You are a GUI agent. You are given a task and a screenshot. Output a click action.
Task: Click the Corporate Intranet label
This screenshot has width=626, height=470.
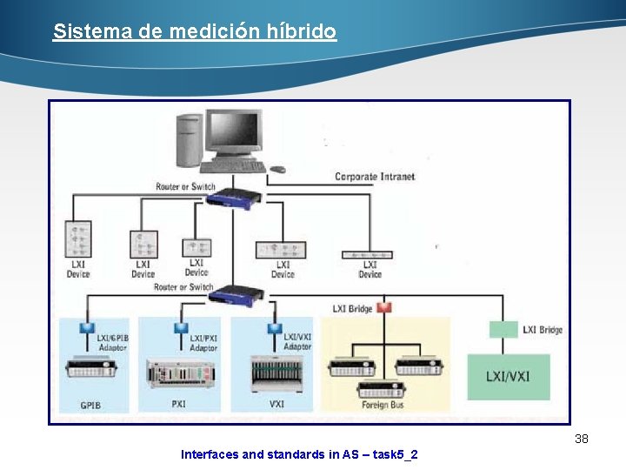(375, 177)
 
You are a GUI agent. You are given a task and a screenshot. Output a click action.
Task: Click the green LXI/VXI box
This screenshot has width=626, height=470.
(509, 376)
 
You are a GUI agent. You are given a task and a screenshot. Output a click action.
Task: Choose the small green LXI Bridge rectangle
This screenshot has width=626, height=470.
(503, 330)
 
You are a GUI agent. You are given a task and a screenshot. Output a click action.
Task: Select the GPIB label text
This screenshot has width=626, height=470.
(90, 406)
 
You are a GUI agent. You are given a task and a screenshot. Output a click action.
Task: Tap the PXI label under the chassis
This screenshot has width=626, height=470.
(178, 405)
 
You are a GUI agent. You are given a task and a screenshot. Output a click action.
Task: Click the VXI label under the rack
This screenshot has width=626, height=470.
(276, 405)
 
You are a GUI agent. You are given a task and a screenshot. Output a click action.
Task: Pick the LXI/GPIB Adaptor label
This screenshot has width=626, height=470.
(111, 342)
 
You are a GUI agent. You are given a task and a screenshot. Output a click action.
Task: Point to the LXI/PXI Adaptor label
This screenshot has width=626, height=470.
(203, 342)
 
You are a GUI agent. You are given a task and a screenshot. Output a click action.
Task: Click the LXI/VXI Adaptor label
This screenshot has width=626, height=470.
(297, 341)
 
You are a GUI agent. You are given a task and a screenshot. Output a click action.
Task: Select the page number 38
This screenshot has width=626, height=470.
(582, 439)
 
